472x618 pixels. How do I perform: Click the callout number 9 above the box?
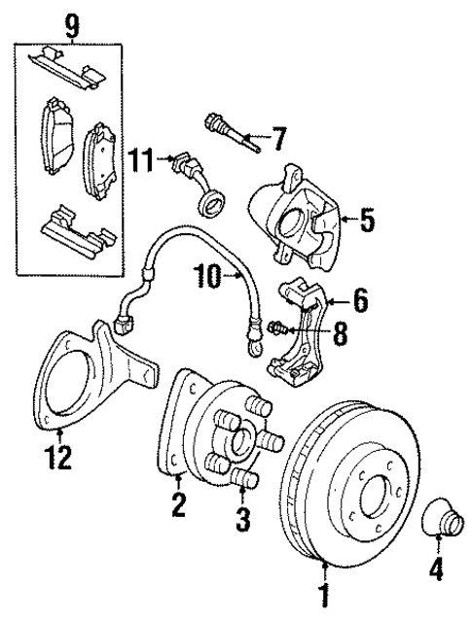click(x=71, y=22)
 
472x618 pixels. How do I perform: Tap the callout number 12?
click(x=59, y=457)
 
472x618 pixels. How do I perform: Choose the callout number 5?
click(x=365, y=221)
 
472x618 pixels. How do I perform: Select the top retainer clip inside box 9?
click(x=68, y=68)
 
